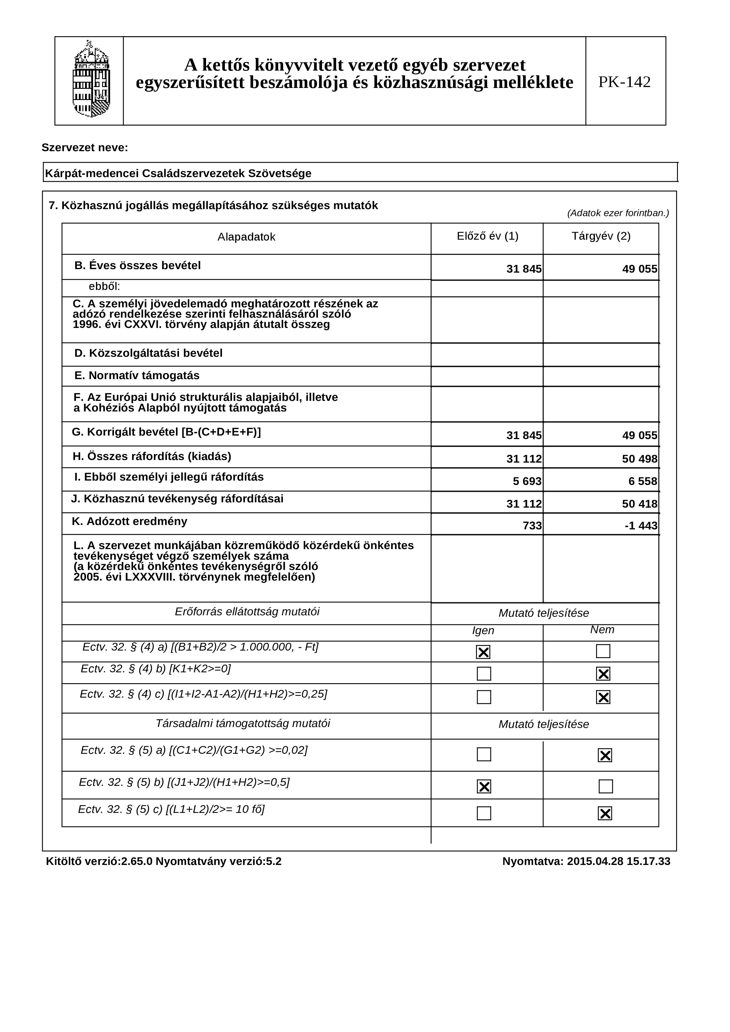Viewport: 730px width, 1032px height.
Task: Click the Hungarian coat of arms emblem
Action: (x=91, y=80)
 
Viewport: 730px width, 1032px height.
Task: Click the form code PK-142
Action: (x=624, y=82)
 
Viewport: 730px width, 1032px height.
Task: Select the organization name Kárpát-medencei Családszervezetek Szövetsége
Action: (x=178, y=174)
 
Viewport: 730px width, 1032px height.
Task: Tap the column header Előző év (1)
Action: (x=487, y=236)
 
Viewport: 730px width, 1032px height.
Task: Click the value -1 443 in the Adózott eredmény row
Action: (x=641, y=526)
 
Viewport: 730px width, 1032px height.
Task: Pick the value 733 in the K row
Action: (x=532, y=526)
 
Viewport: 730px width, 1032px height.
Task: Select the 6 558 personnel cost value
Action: (x=643, y=481)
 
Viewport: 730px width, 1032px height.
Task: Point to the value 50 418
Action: (x=640, y=504)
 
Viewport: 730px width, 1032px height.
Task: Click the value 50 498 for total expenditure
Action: (x=640, y=459)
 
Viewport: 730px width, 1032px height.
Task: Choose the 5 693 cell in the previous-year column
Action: (x=527, y=481)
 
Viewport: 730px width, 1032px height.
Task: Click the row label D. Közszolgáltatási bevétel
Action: (x=148, y=353)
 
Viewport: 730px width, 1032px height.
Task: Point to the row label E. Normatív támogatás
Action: (x=137, y=375)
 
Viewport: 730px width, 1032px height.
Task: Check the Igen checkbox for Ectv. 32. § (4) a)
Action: (x=483, y=652)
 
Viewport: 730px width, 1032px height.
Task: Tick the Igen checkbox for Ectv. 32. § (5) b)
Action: (x=484, y=786)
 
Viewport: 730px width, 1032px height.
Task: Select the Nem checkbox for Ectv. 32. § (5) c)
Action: (x=605, y=813)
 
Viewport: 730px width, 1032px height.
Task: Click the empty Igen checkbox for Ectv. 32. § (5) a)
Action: (x=484, y=754)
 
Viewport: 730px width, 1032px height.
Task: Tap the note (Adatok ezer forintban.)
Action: (x=618, y=213)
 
